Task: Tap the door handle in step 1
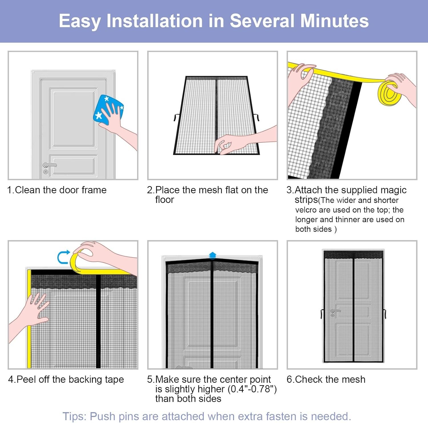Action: (x=49, y=165)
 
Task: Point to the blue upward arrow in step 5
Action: (x=213, y=255)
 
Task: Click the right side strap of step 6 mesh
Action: (x=385, y=313)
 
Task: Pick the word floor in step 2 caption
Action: (x=164, y=200)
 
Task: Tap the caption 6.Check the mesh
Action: (x=326, y=379)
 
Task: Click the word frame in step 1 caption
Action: (x=94, y=190)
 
